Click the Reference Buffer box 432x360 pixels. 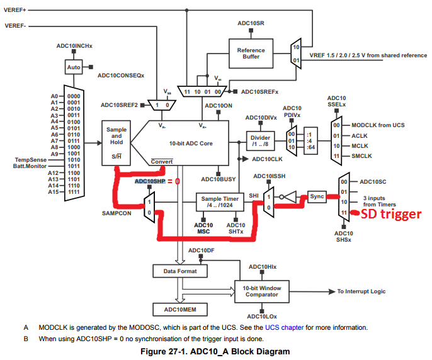[251, 54]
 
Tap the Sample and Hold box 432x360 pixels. [116, 142]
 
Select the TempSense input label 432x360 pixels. [31, 159]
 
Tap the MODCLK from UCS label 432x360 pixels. [377, 125]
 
